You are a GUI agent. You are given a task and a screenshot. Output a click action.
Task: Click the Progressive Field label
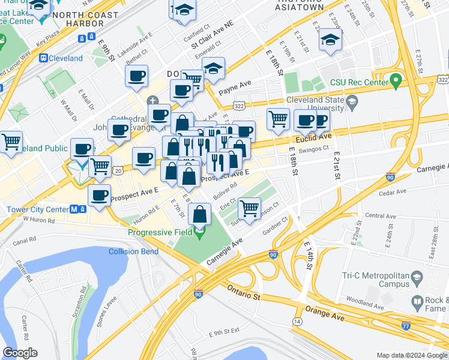(x=160, y=232)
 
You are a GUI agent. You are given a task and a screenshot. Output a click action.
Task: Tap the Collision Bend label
(x=133, y=251)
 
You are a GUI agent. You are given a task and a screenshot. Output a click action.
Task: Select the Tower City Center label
(x=37, y=210)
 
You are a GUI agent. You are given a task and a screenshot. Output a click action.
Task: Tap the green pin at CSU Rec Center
(x=395, y=79)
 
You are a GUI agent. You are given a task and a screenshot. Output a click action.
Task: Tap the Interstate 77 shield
(x=406, y=325)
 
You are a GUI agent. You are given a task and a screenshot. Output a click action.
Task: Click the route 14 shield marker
(x=297, y=322)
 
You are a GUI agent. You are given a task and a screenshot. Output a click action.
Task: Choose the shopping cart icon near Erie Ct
(x=249, y=209)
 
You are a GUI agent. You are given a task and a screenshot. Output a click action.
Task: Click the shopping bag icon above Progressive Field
(x=199, y=214)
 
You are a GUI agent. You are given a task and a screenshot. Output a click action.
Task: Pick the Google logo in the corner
(x=20, y=353)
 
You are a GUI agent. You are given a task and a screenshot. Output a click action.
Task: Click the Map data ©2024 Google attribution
(x=412, y=355)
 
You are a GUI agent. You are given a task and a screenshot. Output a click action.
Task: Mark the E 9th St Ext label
(x=223, y=332)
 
